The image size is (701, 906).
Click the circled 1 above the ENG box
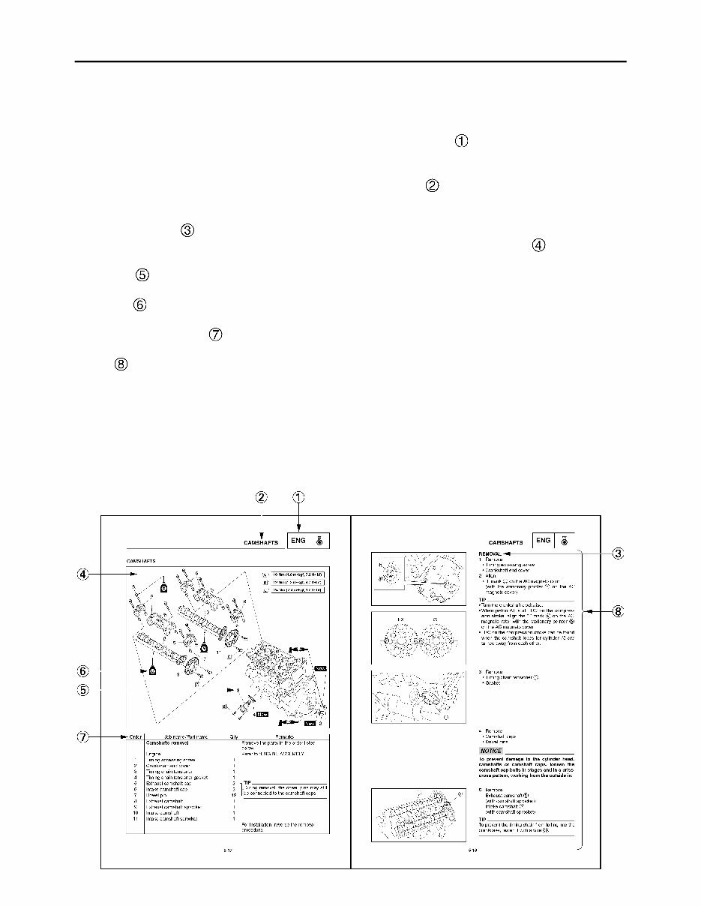pyautogui.click(x=298, y=496)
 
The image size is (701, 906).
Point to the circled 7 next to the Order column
pyautogui.click(x=83, y=736)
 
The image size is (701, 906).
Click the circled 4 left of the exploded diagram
pyautogui.click(x=83, y=574)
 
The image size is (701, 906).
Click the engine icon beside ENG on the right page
pyautogui.click(x=565, y=540)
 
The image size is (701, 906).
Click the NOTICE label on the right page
pyautogui.click(x=491, y=750)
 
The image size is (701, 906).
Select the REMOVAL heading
pyautogui.click(x=490, y=553)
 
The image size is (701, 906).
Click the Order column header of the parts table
pyautogui.click(x=136, y=736)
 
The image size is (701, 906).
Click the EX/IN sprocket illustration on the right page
pyautogui.click(x=414, y=642)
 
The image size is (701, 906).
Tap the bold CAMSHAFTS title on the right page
pyautogui.click(x=505, y=541)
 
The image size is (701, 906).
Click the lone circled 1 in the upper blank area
pyautogui.click(x=461, y=140)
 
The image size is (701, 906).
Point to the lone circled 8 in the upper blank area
pyautogui.click(x=121, y=364)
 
